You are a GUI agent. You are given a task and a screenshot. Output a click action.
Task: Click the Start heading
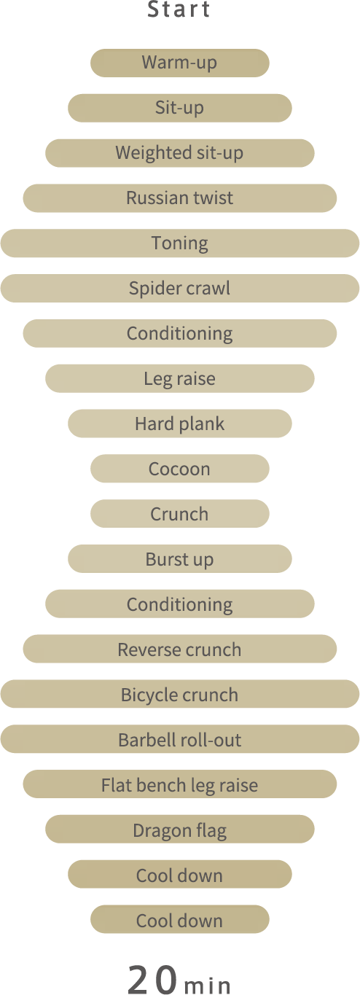coord(179,9)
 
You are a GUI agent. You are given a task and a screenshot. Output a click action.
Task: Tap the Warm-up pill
coord(180,63)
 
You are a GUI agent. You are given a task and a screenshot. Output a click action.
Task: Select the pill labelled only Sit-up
coord(180,108)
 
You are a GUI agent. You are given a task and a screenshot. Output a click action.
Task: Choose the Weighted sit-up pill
coord(180,153)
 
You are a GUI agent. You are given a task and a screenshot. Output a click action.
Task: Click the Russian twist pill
coord(180,198)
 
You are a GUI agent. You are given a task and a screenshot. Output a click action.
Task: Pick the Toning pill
coord(180,243)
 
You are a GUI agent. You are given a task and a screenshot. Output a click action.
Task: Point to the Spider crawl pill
coord(180,288)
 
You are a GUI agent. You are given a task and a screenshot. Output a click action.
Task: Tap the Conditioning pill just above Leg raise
coord(180,334)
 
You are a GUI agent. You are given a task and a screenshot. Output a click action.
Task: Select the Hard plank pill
coord(180,424)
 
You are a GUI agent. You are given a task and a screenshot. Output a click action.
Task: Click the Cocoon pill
coord(180,469)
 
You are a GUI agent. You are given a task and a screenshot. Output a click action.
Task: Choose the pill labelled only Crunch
coord(180,514)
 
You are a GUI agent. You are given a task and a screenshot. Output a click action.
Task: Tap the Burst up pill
coord(180,559)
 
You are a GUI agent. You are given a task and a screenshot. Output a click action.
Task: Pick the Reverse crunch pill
coord(180,649)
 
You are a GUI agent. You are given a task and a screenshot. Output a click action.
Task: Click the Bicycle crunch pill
coord(180,694)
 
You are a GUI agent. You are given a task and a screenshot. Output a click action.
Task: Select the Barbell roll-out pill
coord(180,739)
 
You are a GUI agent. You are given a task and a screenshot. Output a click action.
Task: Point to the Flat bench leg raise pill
coord(180,784)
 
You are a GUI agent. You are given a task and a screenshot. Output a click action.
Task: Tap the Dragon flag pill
coord(180,830)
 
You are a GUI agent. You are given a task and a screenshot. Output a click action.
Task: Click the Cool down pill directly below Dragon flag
coord(180,875)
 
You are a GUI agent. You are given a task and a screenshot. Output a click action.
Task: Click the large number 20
coord(153,980)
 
